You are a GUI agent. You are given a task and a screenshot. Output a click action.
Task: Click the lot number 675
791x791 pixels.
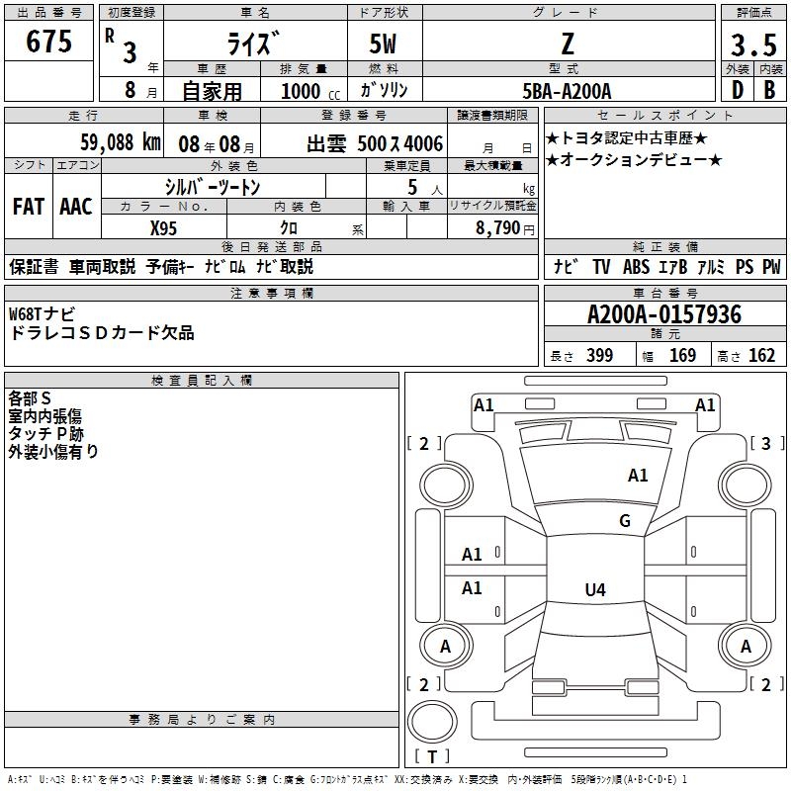coord(50,42)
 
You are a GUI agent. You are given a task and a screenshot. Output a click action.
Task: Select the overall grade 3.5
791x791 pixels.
coord(751,45)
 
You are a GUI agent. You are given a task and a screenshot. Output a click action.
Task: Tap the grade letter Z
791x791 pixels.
coord(567,43)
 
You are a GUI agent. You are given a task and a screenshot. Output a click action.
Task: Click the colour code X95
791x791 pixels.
coord(164,226)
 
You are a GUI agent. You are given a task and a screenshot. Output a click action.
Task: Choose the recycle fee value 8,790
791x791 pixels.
coord(497,227)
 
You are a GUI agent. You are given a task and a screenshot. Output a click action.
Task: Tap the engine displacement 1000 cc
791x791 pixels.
coord(302,91)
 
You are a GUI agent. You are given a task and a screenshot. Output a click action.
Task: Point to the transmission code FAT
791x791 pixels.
coord(29,207)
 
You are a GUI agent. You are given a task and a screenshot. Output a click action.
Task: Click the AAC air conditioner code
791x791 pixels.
coord(76,207)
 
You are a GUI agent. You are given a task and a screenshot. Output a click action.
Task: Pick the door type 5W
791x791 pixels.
coord(385,43)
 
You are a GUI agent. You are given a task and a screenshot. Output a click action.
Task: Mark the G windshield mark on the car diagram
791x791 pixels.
coord(625,521)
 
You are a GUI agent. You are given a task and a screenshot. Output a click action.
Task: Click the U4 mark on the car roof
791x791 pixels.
coord(594,590)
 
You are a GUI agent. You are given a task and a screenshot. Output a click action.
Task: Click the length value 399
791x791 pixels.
coord(599,356)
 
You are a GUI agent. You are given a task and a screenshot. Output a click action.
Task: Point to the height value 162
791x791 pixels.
coord(761,356)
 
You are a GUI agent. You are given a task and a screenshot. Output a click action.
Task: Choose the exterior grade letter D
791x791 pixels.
coord(737,90)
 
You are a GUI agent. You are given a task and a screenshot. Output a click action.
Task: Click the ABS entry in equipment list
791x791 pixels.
coord(636,266)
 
